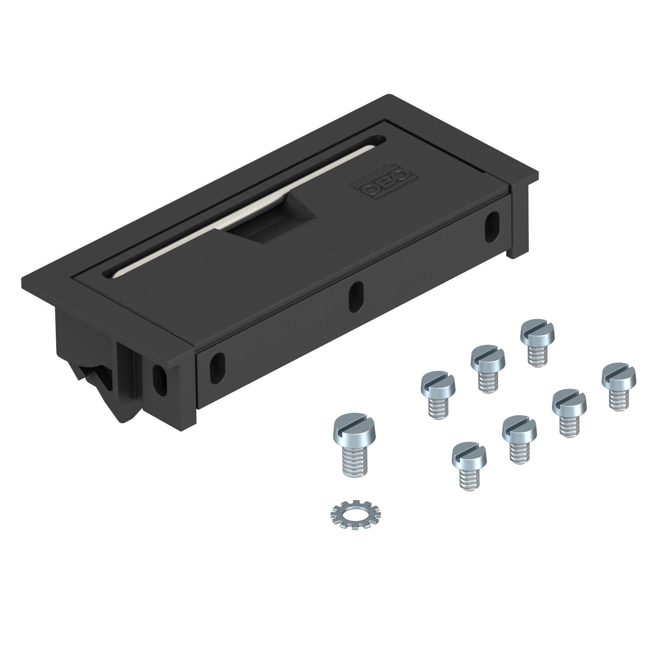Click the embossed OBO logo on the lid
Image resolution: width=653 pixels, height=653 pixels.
click(x=385, y=183)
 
